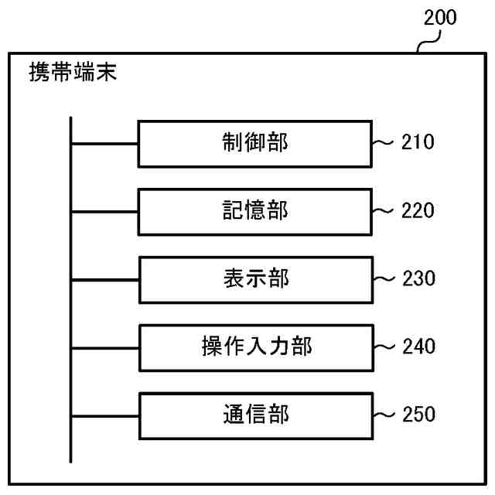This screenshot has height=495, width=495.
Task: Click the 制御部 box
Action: [x=254, y=143]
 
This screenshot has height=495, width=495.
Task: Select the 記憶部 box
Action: [x=254, y=211]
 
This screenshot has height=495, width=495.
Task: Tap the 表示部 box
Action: [x=254, y=278]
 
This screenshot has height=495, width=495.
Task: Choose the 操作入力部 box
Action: [x=254, y=346]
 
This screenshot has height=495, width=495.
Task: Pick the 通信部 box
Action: [x=254, y=415]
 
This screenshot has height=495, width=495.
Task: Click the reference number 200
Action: [x=440, y=18]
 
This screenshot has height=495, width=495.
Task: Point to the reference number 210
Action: [x=418, y=142]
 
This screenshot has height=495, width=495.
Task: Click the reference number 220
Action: [x=418, y=210]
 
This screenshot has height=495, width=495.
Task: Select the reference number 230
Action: [x=418, y=278]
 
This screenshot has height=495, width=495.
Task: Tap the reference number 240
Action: [x=418, y=346]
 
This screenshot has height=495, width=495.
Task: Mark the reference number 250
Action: [x=418, y=415]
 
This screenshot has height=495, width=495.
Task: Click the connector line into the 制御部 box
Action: [x=104, y=144]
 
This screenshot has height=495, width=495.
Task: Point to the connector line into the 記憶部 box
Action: [x=104, y=212]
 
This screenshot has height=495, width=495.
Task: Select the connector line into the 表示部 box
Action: [x=104, y=279]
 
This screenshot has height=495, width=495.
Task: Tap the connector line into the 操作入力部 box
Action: [x=104, y=347]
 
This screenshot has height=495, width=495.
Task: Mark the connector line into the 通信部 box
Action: [x=104, y=415]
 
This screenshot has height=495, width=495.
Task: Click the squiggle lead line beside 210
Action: [x=384, y=143]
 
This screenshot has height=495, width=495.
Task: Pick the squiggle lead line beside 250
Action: [x=384, y=415]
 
